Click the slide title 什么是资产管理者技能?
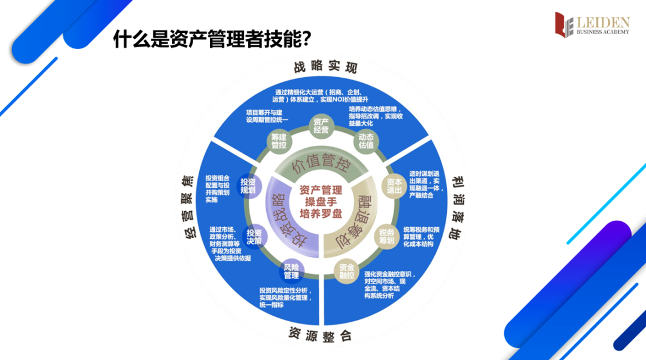pyautogui.click(x=212, y=39)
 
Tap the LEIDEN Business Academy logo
pyautogui.click(x=592, y=25)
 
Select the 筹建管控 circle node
pyautogui.click(x=278, y=141)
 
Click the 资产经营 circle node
pyautogui.click(x=321, y=126)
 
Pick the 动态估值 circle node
pyautogui.click(x=366, y=141)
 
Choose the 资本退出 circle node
pyautogui.click(x=395, y=185)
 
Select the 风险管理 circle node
pyautogui.click(x=291, y=271)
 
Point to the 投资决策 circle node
pyautogui.click(x=254, y=237)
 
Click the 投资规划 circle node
pyautogui.click(x=248, y=186)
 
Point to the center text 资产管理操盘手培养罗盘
pyautogui.click(x=321, y=202)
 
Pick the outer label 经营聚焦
pyautogui.click(x=187, y=207)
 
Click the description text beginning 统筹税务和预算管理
pyautogui.click(x=427, y=237)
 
